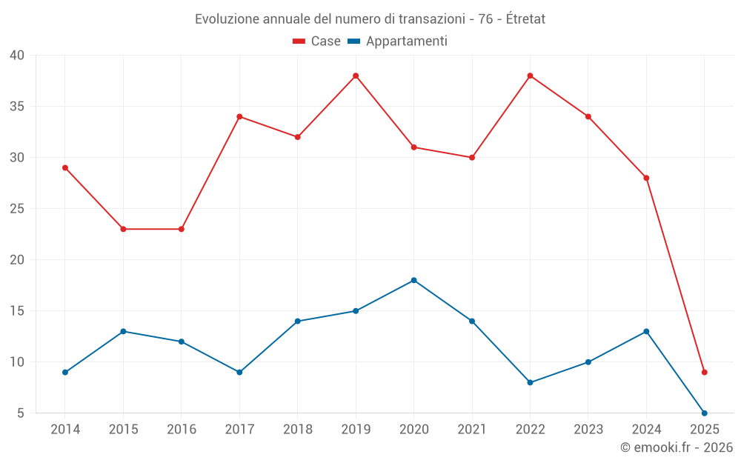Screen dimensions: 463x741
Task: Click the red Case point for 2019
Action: click(356, 76)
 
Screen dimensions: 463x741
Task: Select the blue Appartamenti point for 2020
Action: click(413, 280)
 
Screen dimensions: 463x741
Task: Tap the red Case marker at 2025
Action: click(705, 372)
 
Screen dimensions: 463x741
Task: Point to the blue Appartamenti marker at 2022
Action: click(530, 382)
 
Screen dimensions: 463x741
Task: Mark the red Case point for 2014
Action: click(65, 167)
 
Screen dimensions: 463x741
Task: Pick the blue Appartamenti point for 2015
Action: click(123, 331)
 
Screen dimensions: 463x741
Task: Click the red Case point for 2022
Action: click(530, 76)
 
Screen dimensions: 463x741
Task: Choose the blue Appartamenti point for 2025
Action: click(705, 413)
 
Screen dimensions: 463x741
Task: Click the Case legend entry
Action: click(317, 41)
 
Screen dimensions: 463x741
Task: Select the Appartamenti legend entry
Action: click(398, 41)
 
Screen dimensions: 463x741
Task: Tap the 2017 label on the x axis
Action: click(239, 430)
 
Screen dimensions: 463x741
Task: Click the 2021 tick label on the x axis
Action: click(472, 430)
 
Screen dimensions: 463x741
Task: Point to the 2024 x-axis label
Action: click(646, 430)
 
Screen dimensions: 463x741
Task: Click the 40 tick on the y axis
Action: click(17, 56)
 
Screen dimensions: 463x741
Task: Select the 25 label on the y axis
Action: click(17, 209)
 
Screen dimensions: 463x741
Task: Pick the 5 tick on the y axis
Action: click(21, 413)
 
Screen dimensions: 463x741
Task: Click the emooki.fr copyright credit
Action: click(677, 447)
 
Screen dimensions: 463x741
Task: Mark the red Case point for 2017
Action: click(239, 116)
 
